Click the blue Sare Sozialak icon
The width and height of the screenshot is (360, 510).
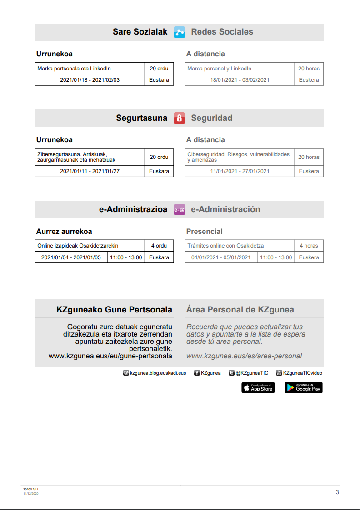[179, 32]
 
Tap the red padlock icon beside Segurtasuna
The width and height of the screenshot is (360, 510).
[179, 118]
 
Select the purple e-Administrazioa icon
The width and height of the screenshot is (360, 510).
[179, 209]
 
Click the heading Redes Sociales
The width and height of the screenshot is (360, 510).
[222, 32]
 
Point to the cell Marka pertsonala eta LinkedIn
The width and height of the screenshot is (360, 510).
[90, 69]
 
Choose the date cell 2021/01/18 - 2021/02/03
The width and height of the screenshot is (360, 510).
[90, 80]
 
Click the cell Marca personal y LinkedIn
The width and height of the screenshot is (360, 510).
[240, 69]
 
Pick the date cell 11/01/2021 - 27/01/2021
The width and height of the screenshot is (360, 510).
[240, 171]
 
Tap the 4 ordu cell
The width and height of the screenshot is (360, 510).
[159, 246]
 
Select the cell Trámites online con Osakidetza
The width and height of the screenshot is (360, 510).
[240, 246]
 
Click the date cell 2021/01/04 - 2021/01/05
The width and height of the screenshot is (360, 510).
[71, 257]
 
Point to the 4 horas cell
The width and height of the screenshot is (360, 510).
[309, 246]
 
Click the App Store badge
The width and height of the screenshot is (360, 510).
[258, 387]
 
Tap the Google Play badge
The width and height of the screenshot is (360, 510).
[304, 387]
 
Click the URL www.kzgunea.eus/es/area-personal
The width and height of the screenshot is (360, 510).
[244, 356]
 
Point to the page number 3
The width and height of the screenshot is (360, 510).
[337, 492]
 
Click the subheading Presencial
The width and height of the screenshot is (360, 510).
[204, 232]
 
